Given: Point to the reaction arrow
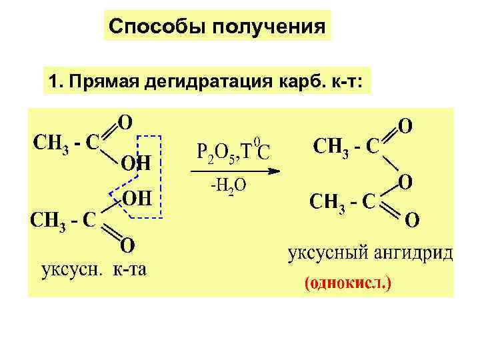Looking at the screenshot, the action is (x=233, y=172).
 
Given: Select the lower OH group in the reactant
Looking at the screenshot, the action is (x=136, y=199).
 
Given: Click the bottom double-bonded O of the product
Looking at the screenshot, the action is (x=413, y=219).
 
